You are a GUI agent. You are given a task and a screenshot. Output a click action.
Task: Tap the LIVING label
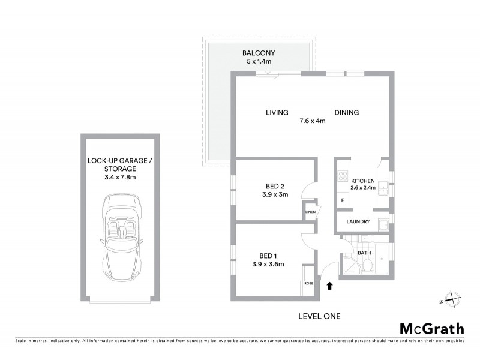pos(278,112)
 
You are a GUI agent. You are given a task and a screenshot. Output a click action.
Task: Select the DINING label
pos(346,112)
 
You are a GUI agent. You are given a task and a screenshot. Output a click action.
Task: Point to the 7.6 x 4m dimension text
pos(312,121)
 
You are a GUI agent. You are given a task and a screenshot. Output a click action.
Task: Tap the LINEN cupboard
pos(310,212)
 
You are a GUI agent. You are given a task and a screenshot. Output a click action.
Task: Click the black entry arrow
pos(329,287)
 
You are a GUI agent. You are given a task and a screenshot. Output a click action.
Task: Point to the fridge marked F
pos(343,200)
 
